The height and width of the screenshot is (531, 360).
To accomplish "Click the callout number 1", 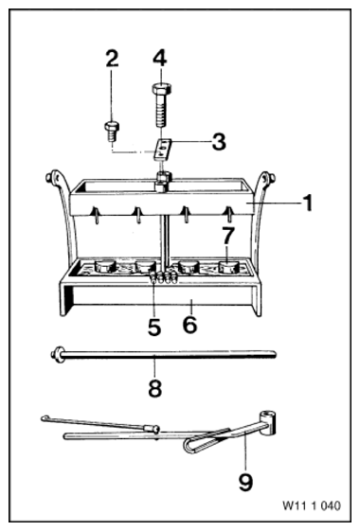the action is click(x=307, y=204).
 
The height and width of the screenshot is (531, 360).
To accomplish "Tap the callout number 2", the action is click(x=112, y=59).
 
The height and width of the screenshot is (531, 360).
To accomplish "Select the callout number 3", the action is click(x=219, y=142).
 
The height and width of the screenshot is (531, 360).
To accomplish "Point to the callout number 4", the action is click(x=159, y=59).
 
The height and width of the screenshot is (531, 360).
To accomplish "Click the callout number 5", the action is click(x=154, y=327).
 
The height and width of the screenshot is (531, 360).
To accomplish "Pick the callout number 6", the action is click(x=189, y=325).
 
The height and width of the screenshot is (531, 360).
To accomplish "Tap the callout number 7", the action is click(x=227, y=236).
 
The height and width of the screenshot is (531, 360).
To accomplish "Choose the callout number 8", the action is click(x=155, y=388).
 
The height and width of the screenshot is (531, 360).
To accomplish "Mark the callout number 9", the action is click(x=245, y=482).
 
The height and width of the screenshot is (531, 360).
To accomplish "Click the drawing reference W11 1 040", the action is click(x=312, y=505).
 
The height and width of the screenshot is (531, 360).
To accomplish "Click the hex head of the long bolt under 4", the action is click(x=161, y=89).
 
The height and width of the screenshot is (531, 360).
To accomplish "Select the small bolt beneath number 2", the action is click(x=111, y=133).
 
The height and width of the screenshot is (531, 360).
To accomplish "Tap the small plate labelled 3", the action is click(x=162, y=149).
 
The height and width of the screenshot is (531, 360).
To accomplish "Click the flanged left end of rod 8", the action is click(x=58, y=354).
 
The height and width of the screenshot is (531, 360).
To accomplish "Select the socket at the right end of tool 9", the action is click(x=268, y=423).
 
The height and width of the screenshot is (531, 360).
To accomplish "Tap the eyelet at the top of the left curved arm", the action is click(x=50, y=177).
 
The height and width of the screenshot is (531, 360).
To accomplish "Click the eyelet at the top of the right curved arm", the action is click(x=269, y=177).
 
